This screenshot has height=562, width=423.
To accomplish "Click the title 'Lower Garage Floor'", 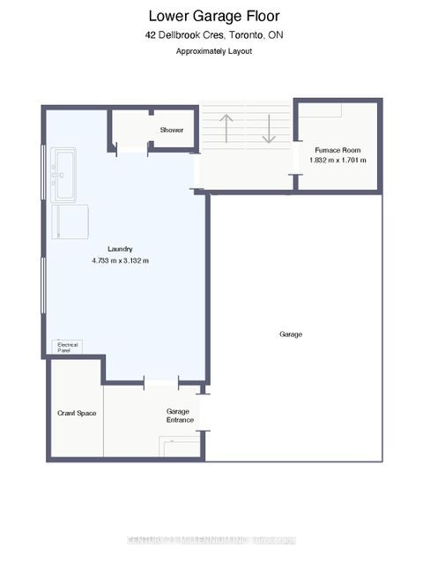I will pos(215,15).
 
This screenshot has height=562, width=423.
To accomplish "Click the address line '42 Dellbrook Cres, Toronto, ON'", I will pos(215,35).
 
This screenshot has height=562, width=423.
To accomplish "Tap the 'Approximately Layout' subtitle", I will pos(215,52).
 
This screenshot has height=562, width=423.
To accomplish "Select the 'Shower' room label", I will pos(171,131).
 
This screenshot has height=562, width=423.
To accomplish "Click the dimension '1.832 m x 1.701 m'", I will pos(338,161).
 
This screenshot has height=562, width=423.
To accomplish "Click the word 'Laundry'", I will pos(120,249).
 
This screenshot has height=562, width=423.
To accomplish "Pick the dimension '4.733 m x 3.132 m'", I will pos(120,261).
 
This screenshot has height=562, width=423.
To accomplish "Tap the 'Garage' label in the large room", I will pos(291,335).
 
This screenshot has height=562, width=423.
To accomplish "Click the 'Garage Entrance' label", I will pos(180,416).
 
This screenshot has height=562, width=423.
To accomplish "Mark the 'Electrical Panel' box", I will pos(68,347).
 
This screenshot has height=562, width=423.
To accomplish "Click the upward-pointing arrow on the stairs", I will pos(225,128).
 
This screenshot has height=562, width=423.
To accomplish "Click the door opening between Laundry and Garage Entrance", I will pos(161,382).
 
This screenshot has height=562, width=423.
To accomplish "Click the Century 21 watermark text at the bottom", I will pos(211,540).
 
